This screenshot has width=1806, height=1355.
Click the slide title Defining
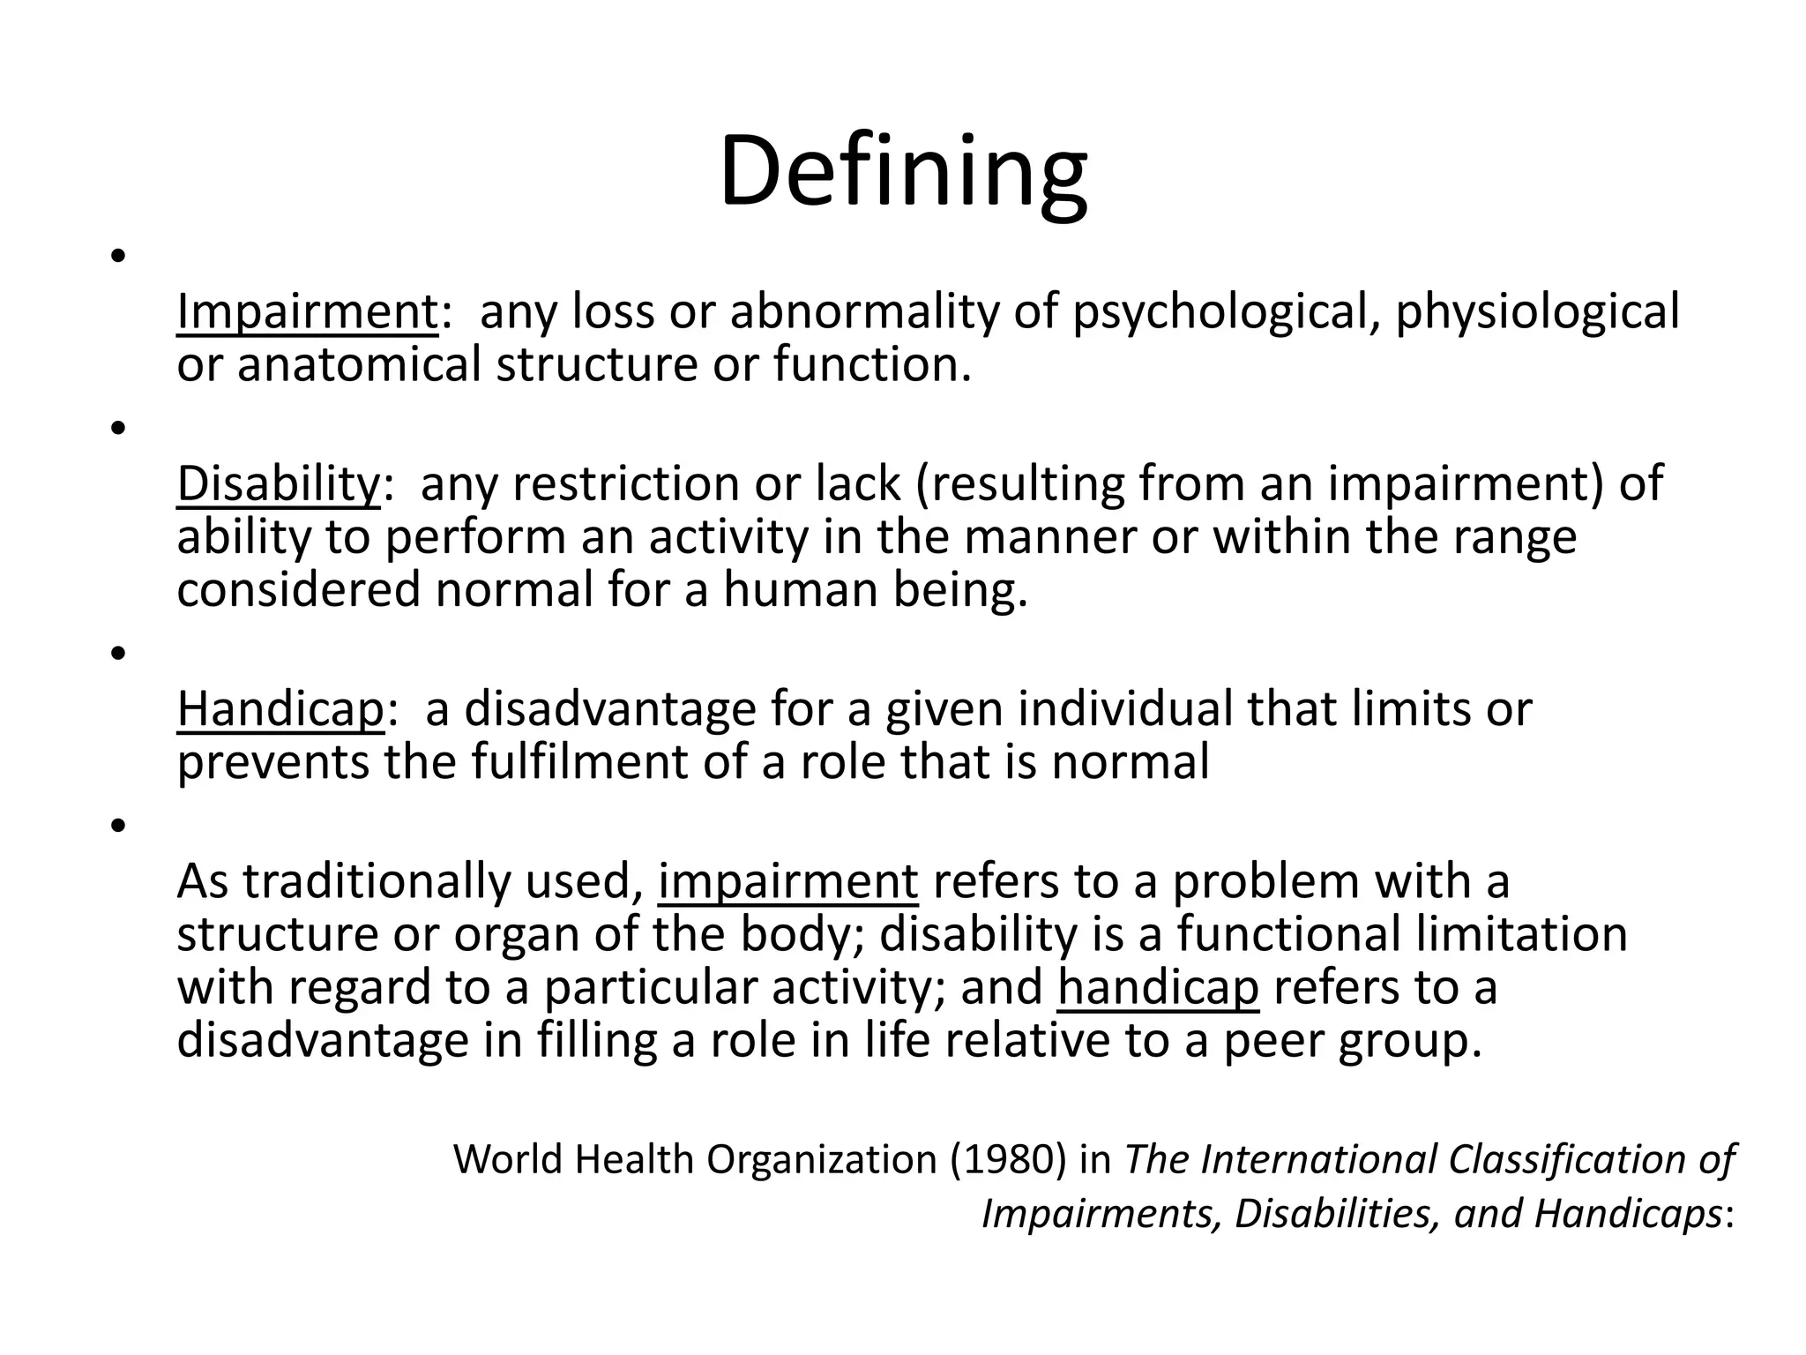903,172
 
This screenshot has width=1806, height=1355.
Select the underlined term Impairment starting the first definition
307,312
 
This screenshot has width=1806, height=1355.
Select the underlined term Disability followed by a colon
278,484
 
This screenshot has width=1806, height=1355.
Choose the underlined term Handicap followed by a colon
280,709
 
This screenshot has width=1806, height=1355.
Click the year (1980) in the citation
1008,1159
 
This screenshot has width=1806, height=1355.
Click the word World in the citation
507,1159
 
